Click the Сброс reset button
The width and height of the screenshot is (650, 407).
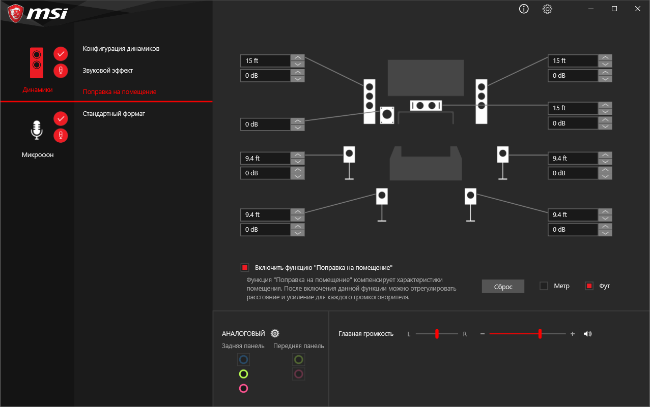pyautogui.click(x=503, y=287)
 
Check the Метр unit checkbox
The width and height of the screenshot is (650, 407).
pyautogui.click(x=544, y=286)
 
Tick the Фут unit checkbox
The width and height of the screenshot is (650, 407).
pyautogui.click(x=589, y=286)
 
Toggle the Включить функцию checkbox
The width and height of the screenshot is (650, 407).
pyautogui.click(x=245, y=267)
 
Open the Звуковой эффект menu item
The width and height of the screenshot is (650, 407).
pyautogui.click(x=108, y=71)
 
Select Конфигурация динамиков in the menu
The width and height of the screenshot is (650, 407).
pyautogui.click(x=121, y=49)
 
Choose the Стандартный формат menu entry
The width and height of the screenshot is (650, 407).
pyautogui.click(x=114, y=113)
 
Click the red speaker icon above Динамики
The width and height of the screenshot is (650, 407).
pyautogui.click(x=37, y=63)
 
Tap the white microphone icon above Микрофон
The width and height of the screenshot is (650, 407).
pyautogui.click(x=37, y=130)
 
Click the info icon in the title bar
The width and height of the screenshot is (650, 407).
pyautogui.click(x=524, y=9)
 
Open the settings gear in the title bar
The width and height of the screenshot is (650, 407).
pyautogui.click(x=547, y=9)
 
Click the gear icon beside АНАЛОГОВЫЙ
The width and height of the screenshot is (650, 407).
pyautogui.click(x=275, y=333)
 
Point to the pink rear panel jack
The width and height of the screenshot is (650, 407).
pyautogui.click(x=243, y=388)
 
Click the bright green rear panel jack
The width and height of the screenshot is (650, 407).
pyautogui.click(x=243, y=374)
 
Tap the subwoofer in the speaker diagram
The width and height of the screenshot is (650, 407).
pyautogui.click(x=387, y=115)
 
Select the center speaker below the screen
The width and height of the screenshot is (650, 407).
pyautogui.click(x=426, y=106)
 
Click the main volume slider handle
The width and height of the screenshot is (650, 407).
pyautogui.click(x=540, y=334)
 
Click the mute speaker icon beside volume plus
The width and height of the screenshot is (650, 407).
pyautogui.click(x=587, y=334)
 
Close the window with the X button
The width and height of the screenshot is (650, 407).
pyautogui.click(x=637, y=9)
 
